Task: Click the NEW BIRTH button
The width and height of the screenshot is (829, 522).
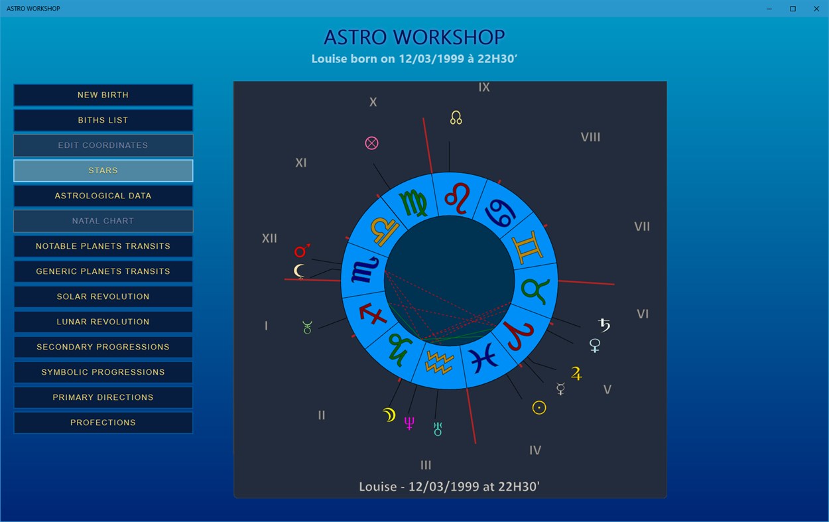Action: (103, 95)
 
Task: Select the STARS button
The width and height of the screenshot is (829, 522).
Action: (103, 170)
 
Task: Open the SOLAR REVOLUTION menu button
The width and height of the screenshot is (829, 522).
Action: (103, 296)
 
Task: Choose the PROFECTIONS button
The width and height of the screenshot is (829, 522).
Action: (103, 423)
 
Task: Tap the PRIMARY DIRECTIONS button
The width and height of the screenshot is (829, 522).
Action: (103, 397)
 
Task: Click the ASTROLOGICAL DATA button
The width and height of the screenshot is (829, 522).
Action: (103, 196)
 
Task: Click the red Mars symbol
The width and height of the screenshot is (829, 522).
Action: (302, 251)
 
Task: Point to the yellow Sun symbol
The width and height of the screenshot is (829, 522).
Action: (539, 408)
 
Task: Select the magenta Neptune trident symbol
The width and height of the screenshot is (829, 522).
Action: (409, 423)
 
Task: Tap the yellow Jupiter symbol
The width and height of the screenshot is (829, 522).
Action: (576, 373)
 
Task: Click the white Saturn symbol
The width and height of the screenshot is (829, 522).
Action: (604, 325)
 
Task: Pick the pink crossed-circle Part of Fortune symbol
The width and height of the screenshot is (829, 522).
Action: (371, 143)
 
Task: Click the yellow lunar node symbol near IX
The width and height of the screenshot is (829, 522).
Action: (456, 117)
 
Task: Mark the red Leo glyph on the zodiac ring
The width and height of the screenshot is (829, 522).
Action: (457, 198)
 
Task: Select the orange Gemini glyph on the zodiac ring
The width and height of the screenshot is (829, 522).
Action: (527, 247)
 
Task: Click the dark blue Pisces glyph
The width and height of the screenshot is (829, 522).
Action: (483, 358)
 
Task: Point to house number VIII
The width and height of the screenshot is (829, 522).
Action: (590, 137)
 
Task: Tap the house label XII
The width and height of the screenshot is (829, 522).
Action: (269, 238)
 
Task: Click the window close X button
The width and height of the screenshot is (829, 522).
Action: (816, 9)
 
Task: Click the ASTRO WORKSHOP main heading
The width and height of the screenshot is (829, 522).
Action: (414, 37)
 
